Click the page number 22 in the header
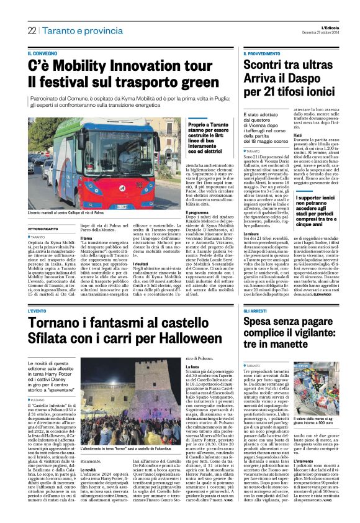tap(32, 30)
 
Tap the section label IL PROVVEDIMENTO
tap(265, 54)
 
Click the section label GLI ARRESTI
tap(256, 311)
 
